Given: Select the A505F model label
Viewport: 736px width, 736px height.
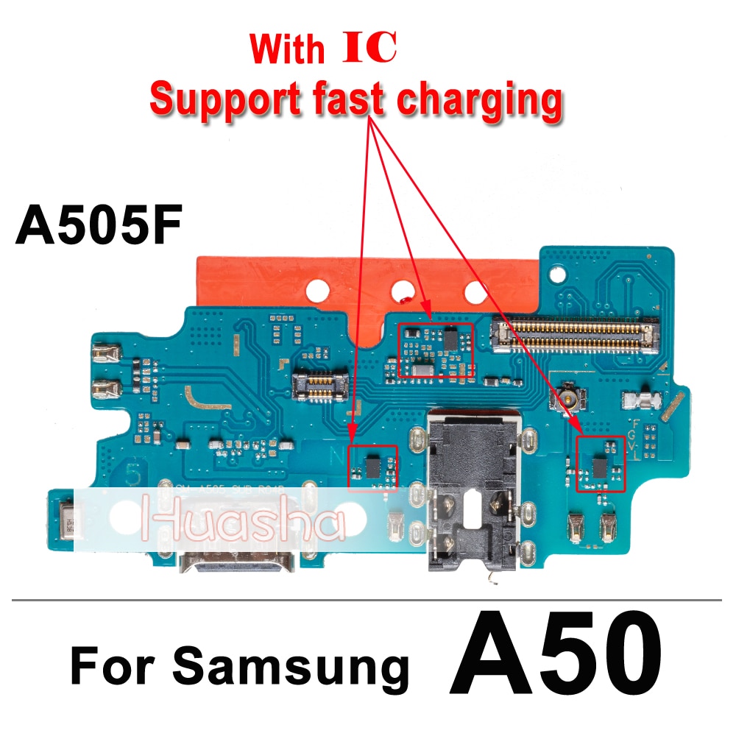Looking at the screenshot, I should [97, 227].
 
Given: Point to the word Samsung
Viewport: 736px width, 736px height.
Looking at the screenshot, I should [291, 667].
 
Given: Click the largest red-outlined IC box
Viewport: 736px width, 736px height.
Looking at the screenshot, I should [436, 351].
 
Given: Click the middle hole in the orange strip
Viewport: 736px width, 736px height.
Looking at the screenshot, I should [401, 289].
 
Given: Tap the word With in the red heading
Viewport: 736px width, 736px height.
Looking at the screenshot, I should [286, 49].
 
